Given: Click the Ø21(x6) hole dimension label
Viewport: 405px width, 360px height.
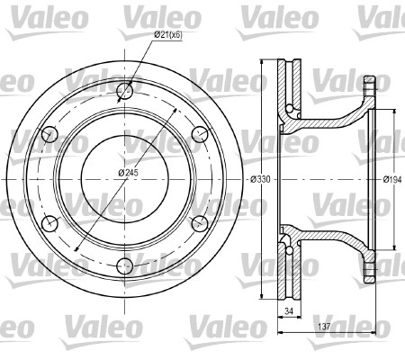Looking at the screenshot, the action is (x=168, y=35).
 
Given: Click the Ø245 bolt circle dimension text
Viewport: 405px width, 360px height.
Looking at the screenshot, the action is (x=128, y=173).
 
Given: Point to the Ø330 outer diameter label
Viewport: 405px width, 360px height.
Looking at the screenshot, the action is (x=260, y=179).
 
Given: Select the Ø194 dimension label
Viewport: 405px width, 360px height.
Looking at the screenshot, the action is (x=392, y=179).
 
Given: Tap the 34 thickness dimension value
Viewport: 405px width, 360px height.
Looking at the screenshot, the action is (x=289, y=311).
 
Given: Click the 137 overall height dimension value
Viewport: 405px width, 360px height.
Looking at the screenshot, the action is (x=324, y=326).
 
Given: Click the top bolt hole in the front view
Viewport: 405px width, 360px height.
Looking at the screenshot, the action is (x=124, y=90).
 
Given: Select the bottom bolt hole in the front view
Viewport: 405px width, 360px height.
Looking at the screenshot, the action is (x=124, y=265).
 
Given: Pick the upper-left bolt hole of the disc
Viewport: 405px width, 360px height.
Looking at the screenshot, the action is (x=49, y=135).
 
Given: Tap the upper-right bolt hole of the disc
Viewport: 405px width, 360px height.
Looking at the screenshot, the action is (x=200, y=134).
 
